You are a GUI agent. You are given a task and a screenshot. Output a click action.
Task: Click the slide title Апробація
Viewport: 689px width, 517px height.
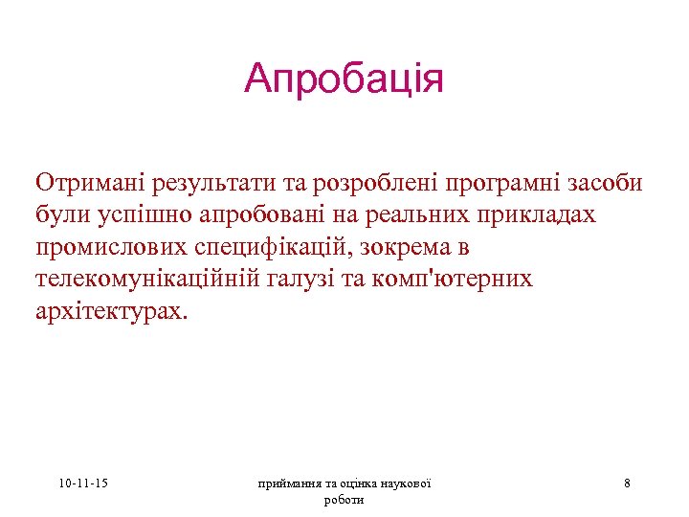coord(344,79)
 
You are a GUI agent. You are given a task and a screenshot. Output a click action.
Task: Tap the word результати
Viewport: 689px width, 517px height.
coord(201,182)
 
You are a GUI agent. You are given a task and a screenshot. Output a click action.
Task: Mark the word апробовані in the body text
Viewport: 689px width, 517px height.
coord(270,214)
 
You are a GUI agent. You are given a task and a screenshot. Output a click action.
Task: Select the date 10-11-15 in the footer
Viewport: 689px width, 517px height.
coord(82,483)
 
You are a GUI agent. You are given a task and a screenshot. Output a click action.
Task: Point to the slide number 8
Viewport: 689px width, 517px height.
coord(627,483)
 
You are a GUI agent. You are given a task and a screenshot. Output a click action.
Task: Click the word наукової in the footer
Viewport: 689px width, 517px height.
coord(403,483)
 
